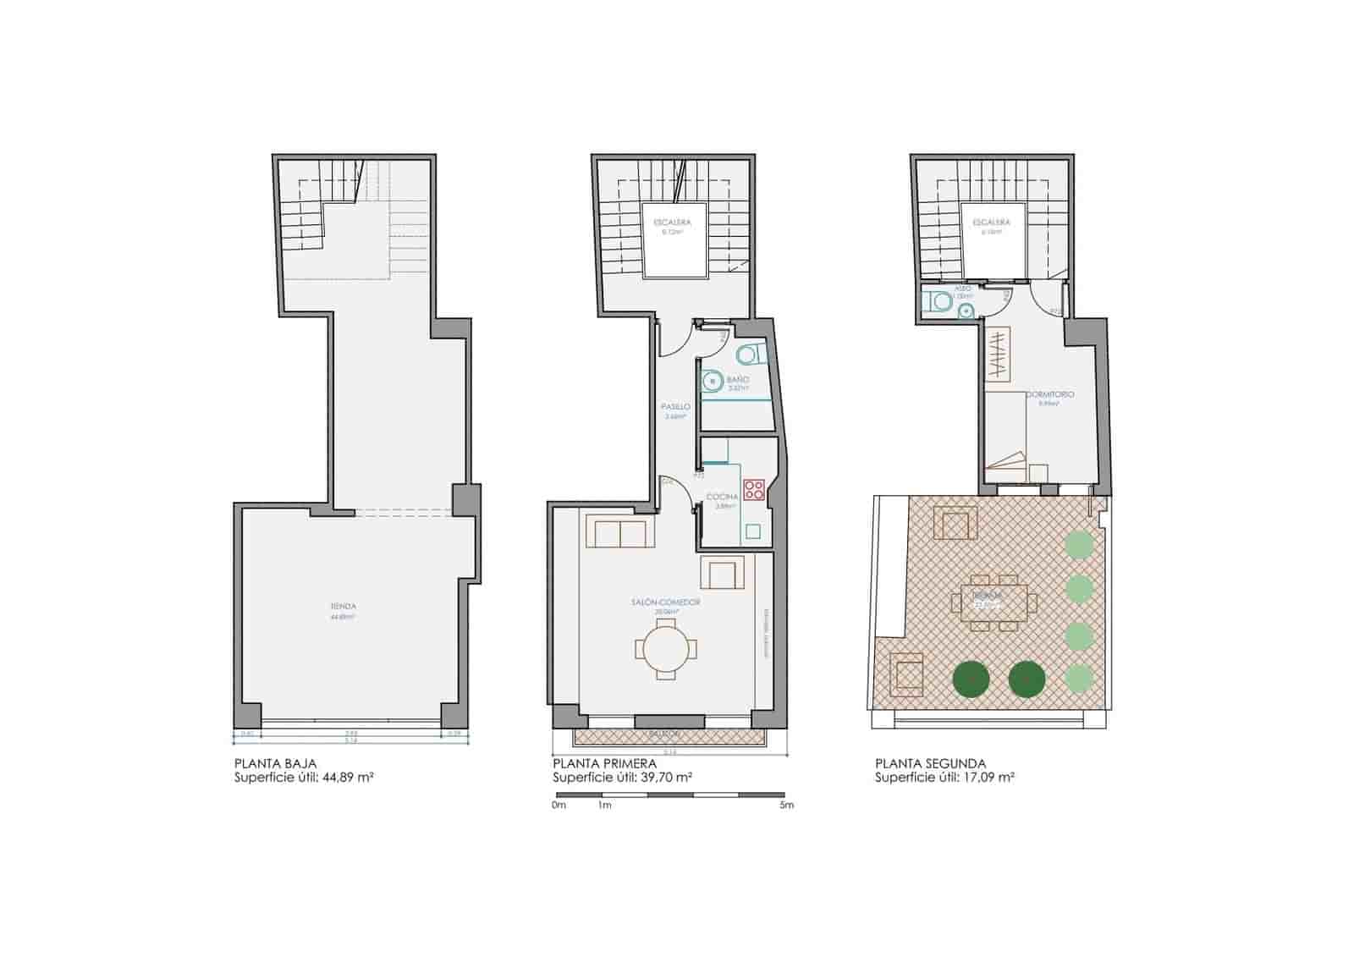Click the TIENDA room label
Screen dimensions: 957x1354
pyautogui.click(x=344, y=607)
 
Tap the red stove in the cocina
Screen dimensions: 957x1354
pyautogui.click(x=753, y=489)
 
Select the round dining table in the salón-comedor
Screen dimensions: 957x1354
pyautogui.click(x=667, y=650)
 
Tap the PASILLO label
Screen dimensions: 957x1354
pyautogui.click(x=675, y=407)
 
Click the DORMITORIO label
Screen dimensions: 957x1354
pyautogui.click(x=1050, y=395)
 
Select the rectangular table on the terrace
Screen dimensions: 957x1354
pyautogui.click(x=995, y=602)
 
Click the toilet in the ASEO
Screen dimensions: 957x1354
pyautogui.click(x=938, y=301)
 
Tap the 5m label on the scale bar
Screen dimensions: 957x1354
pyautogui.click(x=786, y=806)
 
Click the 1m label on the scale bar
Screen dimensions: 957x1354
pyautogui.click(x=604, y=806)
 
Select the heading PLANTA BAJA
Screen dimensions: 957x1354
pyautogui.click(x=276, y=763)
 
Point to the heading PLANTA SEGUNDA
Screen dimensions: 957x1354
pyautogui.click(x=930, y=763)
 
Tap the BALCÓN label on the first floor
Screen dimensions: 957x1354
pyautogui.click(x=669, y=734)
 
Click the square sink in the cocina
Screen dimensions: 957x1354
pyautogui.click(x=752, y=532)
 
